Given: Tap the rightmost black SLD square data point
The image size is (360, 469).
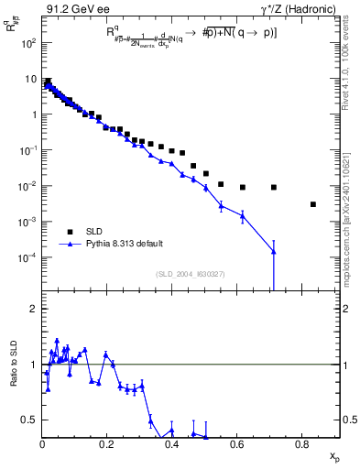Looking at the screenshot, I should [313, 204].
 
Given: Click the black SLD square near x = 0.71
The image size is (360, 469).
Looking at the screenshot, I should [274, 187].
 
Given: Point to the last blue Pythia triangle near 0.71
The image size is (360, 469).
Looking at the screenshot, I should [274, 251].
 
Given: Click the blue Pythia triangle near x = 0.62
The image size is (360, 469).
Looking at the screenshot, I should [242, 216].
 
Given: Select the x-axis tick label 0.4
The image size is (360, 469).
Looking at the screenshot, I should [172, 445].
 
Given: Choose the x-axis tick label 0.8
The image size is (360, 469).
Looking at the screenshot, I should [302, 445].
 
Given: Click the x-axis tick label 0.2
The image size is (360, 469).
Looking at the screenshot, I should [107, 445].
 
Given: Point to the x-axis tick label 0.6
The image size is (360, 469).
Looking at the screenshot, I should [237, 445].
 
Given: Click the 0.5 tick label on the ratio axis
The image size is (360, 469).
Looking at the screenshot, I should [31, 420].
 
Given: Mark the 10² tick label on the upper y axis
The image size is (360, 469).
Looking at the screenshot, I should [29, 43].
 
